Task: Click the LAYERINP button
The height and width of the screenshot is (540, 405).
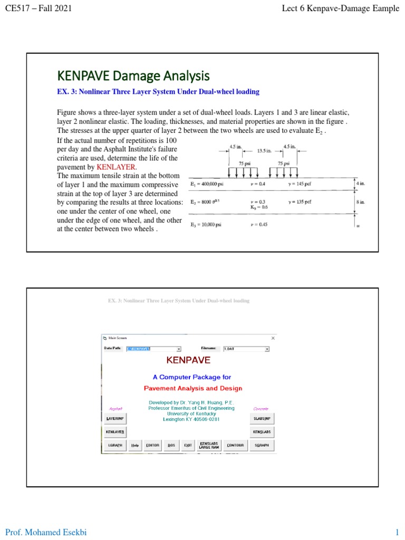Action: pyautogui.click(x=115, y=418)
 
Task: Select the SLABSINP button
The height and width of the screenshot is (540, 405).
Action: pyautogui.click(x=262, y=418)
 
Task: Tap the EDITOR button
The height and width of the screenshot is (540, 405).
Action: pyautogui.click(x=152, y=445)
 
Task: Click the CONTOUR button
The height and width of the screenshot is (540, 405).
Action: pyautogui.click(x=235, y=445)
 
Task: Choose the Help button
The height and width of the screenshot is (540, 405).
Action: pyautogui.click(x=135, y=445)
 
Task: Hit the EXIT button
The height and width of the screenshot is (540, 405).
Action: pyautogui.click(x=188, y=445)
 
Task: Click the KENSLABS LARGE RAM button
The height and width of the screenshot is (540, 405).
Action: pyautogui.click(x=209, y=445)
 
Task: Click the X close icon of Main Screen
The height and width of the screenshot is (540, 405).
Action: pyautogui.click(x=273, y=338)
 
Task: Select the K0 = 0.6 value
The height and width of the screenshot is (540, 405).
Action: pyautogui.click(x=258, y=207)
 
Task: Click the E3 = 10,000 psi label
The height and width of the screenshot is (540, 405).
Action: pyautogui.click(x=206, y=225)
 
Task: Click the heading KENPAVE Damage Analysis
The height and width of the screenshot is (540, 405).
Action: pyautogui.click(x=133, y=76)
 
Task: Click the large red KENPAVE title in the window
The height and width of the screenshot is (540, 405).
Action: pyautogui.click(x=188, y=361)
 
